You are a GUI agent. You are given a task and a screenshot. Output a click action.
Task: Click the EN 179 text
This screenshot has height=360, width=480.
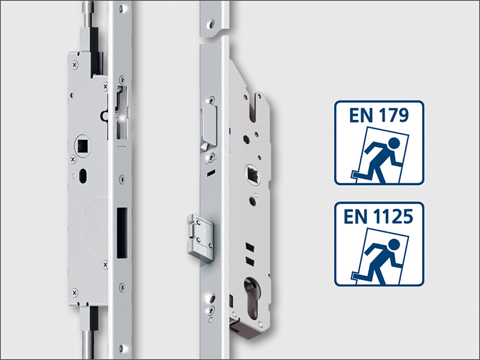point(379,115)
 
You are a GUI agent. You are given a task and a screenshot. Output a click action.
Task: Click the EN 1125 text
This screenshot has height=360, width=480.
point(378,216)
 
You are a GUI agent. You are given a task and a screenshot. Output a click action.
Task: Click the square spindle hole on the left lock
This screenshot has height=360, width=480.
point(83,146)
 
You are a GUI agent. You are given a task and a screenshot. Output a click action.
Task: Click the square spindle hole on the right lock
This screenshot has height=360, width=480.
point(253,175)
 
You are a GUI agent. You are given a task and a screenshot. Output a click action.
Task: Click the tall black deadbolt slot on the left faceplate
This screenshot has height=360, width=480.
point(122,233)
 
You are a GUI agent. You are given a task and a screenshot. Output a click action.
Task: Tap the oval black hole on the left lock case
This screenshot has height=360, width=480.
point(83,176)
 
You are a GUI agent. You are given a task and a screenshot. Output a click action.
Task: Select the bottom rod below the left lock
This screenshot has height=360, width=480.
point(88,343)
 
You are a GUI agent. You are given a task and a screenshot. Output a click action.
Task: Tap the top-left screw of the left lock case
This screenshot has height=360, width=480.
point(75,65)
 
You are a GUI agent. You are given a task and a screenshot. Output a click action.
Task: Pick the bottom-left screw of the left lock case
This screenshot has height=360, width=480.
point(75,293)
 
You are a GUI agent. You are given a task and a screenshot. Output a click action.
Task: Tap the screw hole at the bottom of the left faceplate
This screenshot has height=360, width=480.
point(123,348)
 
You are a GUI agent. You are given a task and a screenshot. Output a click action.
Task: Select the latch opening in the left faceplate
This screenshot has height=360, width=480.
point(122,113)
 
